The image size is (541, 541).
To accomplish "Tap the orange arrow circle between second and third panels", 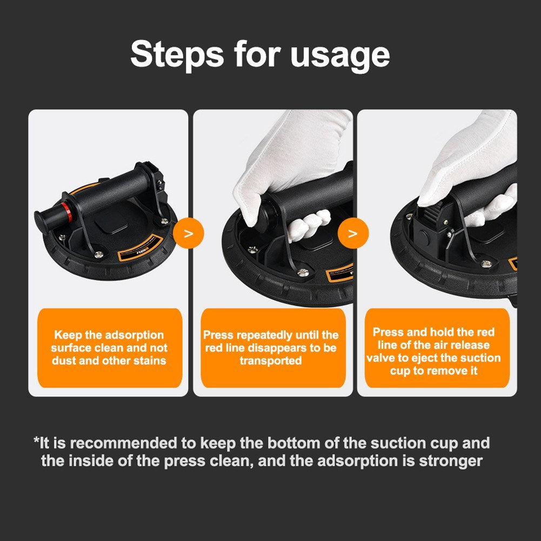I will pyautogui.click(x=353, y=234).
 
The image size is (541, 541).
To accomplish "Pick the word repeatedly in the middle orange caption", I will pyautogui.click(x=263, y=335).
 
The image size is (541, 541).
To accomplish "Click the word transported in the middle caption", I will pyautogui.click(x=270, y=360).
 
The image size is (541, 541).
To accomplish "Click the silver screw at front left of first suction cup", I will pyautogui.click(x=99, y=254).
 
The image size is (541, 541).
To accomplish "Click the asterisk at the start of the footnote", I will pyautogui.click(x=36, y=443).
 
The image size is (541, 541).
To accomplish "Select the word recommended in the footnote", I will pyautogui.click(x=125, y=444).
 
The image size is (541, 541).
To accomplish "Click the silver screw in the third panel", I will pyautogui.click(x=486, y=264).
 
